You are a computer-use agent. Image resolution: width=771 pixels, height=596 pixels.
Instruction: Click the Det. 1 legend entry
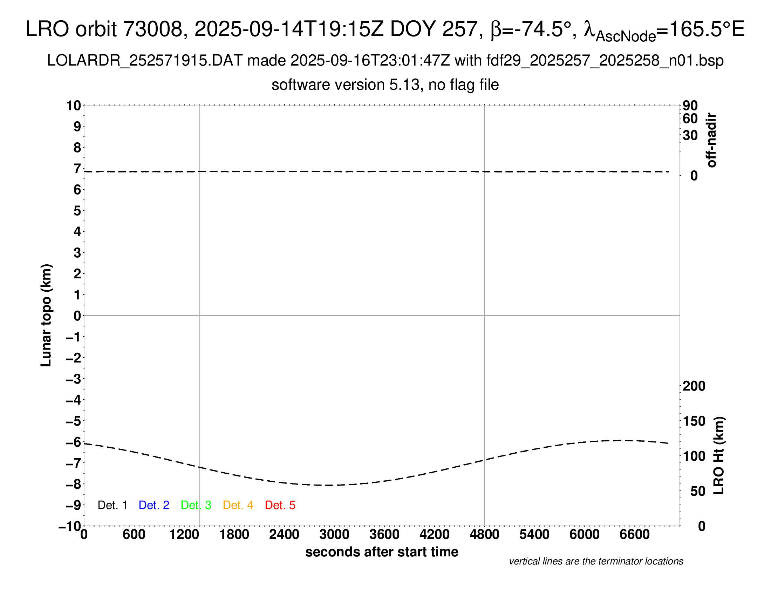point(112,505)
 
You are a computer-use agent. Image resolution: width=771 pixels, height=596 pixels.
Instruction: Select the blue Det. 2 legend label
point(154,505)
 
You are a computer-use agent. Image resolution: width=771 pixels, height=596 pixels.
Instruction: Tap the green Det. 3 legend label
point(196,505)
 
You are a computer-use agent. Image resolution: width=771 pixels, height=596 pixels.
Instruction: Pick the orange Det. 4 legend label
point(238,505)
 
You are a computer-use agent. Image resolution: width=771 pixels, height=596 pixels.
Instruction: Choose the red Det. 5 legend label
point(280,505)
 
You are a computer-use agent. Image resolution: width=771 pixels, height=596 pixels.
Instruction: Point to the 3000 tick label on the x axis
point(334,535)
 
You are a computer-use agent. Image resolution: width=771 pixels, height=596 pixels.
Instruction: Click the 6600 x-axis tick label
point(634,535)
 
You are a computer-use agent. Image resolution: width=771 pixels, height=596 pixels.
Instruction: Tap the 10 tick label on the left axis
point(74,105)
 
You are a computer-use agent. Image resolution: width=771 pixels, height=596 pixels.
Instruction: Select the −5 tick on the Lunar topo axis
point(74,421)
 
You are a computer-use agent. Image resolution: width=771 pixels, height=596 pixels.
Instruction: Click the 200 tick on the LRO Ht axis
point(694,386)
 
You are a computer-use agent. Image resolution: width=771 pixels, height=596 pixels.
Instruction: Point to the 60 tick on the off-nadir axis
point(690,118)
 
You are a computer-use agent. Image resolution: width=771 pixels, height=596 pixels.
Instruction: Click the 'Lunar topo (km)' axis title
point(46,315)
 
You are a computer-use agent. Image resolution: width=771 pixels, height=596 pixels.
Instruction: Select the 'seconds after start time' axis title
point(382,552)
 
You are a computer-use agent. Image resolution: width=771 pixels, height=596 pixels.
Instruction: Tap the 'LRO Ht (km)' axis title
point(719,456)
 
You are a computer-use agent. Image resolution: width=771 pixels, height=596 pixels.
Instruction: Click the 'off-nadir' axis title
point(711,140)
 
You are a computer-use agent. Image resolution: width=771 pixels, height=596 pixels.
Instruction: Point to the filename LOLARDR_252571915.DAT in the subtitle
point(145,61)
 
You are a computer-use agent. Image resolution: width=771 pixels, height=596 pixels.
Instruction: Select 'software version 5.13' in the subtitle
point(345,85)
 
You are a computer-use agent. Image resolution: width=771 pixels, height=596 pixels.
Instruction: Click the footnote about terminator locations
point(596,561)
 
